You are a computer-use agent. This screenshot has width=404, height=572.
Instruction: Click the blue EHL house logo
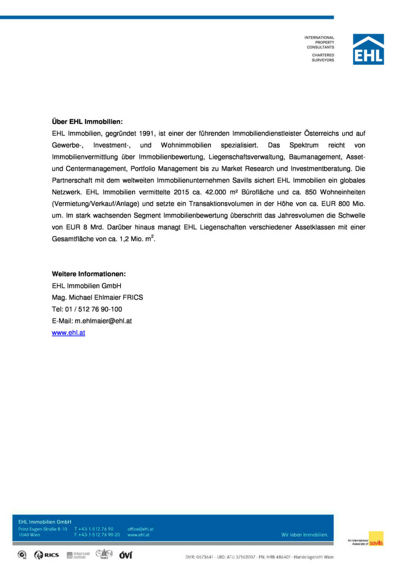[368, 49]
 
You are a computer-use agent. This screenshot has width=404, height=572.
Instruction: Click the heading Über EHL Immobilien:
[87, 122]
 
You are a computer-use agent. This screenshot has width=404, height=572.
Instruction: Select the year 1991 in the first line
[147, 133]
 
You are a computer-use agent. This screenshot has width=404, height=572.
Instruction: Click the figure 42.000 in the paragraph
[216, 192]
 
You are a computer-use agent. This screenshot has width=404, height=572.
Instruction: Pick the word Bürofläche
[257, 192]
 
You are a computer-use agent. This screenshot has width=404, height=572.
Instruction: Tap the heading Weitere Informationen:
[89, 274]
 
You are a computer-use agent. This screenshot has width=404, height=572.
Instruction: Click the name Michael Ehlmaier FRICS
[106, 298]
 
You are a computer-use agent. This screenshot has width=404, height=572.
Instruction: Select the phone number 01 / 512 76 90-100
[94, 309]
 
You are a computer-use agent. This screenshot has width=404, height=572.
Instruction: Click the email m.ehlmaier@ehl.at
[103, 321]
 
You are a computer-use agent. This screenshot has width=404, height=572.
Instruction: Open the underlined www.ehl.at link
[69, 333]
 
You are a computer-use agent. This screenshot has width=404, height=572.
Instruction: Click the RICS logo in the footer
[47, 555]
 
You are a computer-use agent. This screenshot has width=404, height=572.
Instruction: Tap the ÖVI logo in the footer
[126, 555]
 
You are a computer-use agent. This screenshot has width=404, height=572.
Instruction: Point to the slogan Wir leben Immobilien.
[304, 535]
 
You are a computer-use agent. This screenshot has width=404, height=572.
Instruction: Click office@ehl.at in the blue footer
[140, 529]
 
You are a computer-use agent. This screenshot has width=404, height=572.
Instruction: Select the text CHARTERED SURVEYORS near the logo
[323, 58]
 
